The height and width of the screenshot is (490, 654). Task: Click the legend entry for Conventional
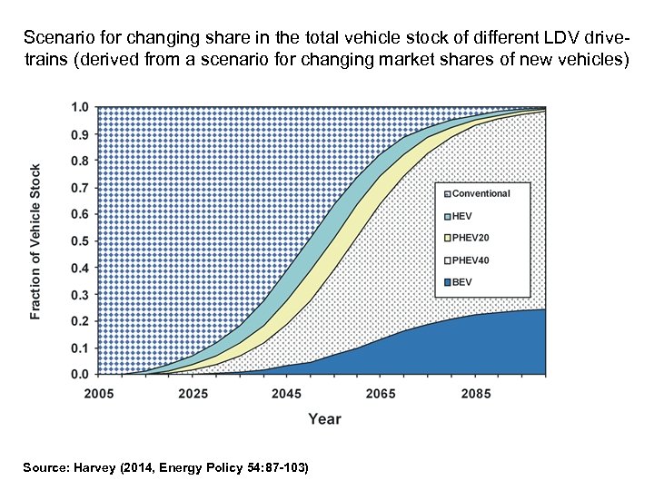pos(481,193)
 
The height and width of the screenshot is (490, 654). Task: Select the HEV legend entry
pos(463,215)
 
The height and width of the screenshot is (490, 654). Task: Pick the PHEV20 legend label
pos(471,238)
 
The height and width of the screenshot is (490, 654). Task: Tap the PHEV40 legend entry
pos(471,260)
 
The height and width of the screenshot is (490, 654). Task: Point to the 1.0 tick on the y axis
pos(80,108)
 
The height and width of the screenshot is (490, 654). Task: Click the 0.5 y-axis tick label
pos(80,241)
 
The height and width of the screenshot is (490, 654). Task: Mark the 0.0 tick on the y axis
pos(80,374)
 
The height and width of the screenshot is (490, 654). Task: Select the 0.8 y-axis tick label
pos(80,162)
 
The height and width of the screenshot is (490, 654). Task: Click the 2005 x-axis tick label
pos(99,394)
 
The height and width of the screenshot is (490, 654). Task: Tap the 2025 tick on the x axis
pos(193,394)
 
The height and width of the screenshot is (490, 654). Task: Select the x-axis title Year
pos(324,418)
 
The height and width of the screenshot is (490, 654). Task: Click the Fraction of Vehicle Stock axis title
pos(35,241)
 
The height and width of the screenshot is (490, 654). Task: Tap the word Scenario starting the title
pos(56,39)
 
